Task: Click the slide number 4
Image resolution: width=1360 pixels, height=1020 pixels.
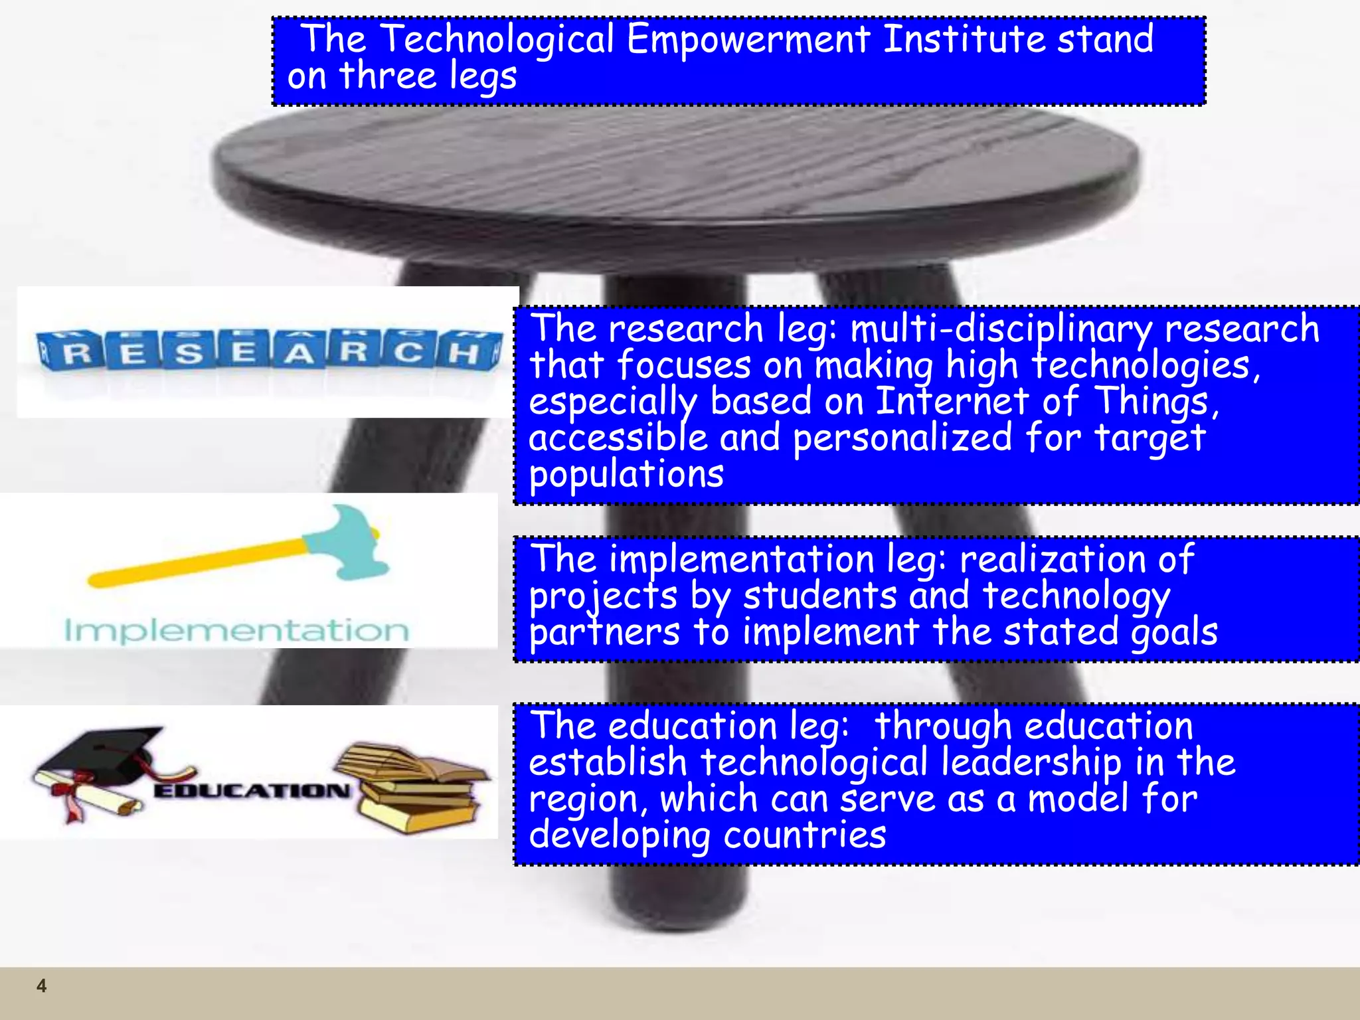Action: coord(41,985)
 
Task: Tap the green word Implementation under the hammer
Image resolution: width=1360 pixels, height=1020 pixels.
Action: coord(236,630)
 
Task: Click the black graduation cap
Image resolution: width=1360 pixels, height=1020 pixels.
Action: coord(100,754)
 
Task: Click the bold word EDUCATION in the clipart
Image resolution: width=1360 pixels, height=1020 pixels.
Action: coord(252,790)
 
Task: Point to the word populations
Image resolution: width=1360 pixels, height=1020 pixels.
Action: coord(626,474)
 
